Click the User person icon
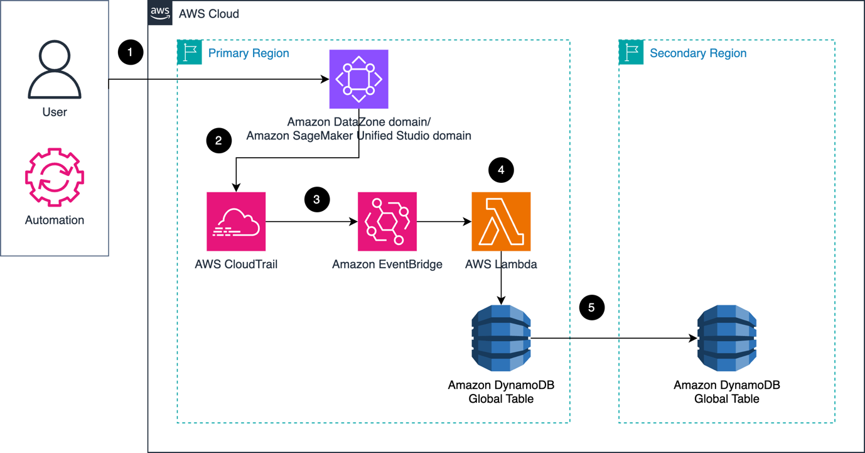click(55, 70)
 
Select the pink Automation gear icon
click(55, 177)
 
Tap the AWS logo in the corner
click(160, 13)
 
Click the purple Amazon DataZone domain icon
click(358, 79)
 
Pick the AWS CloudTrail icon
click(236, 221)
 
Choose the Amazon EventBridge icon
click(387, 221)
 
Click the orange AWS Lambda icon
click(501, 221)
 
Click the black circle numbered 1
click(131, 52)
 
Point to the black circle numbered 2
click(218, 140)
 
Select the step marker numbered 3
click(317, 199)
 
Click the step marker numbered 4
click(501, 170)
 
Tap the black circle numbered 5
click(591, 307)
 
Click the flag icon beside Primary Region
click(190, 53)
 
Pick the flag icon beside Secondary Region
click(631, 53)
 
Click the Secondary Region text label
click(698, 53)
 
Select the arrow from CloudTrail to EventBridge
click(311, 221)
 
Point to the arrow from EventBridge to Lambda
click(444, 221)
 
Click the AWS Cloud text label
click(208, 14)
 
